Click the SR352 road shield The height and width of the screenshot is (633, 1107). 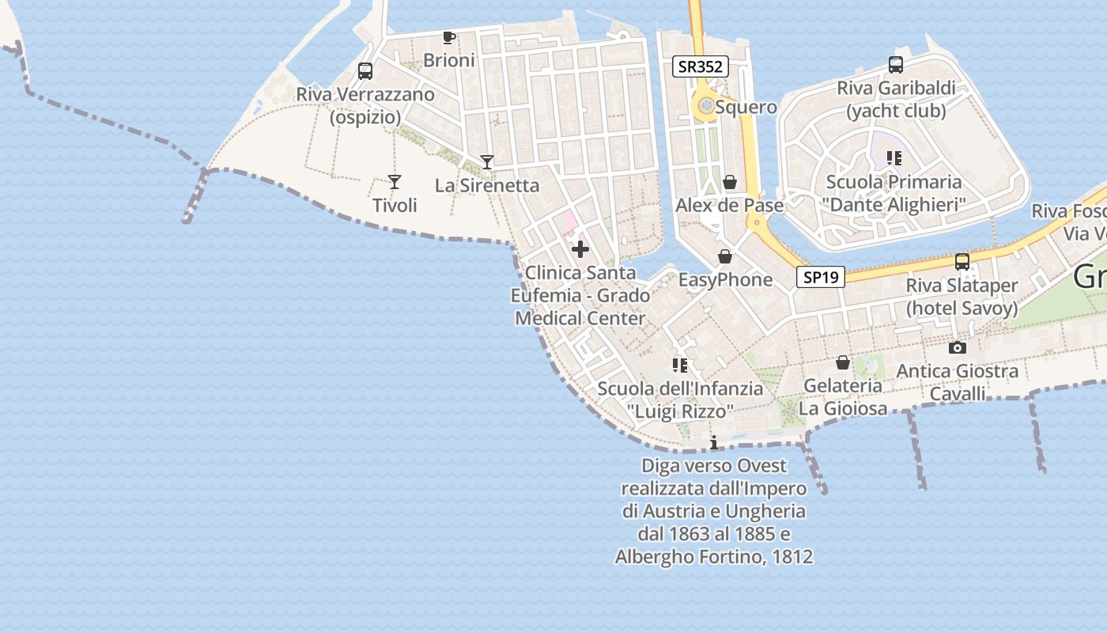pyautogui.click(x=701, y=66)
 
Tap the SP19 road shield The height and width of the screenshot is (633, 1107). pyautogui.click(x=820, y=277)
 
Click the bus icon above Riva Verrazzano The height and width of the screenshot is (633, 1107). pyautogui.click(x=365, y=71)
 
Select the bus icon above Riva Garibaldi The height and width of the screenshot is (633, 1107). pyautogui.click(x=896, y=65)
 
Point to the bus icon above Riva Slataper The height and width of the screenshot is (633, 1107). pyautogui.click(x=962, y=262)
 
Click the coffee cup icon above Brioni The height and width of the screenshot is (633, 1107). pyautogui.click(x=449, y=37)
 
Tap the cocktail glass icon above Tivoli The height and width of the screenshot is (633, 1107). pyautogui.click(x=395, y=182)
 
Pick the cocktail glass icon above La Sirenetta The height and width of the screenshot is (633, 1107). pyautogui.click(x=487, y=162)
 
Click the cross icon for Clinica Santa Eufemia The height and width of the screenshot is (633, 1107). pyautogui.click(x=580, y=249)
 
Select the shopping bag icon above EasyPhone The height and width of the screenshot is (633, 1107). pyautogui.click(x=725, y=256)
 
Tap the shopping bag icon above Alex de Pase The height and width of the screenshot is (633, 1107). pyautogui.click(x=730, y=182)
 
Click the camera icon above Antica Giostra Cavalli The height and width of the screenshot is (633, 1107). pyautogui.click(x=958, y=347)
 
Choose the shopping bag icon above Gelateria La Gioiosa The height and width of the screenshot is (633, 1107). pyautogui.click(x=843, y=362)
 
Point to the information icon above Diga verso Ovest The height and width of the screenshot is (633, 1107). pyautogui.click(x=714, y=442)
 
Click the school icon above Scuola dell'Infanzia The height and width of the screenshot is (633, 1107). pyautogui.click(x=679, y=365)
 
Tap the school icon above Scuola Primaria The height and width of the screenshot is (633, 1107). pyautogui.click(x=894, y=158)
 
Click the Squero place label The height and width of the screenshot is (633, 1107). pyautogui.click(x=746, y=107)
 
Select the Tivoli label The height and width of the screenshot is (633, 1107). pyautogui.click(x=395, y=206)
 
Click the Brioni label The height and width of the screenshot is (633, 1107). pyautogui.click(x=449, y=60)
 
